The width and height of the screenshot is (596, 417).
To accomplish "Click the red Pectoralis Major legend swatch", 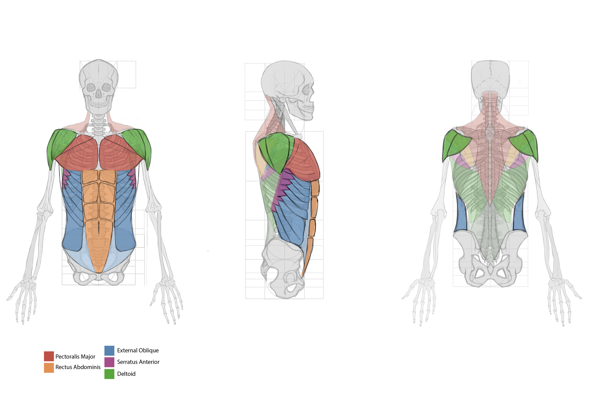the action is tap(49, 356).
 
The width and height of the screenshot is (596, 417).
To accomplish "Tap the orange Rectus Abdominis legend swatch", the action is tap(49, 368).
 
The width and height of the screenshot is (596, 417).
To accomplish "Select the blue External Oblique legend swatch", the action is tap(109, 351).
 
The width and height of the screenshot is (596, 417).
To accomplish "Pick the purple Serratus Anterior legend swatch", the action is tap(109, 362).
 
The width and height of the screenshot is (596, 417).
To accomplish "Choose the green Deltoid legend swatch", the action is tap(109, 374).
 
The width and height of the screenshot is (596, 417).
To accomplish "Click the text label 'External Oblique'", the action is tap(138, 350).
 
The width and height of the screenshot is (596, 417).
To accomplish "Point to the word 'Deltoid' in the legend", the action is tap(126, 374).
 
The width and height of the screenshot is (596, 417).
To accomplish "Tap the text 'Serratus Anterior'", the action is tap(138, 362).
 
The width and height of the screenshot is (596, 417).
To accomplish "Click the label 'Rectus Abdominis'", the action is tap(78, 367).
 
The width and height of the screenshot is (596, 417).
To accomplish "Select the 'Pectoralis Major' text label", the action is tap(75, 356).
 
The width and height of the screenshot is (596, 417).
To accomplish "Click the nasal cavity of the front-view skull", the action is tap(99, 93).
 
